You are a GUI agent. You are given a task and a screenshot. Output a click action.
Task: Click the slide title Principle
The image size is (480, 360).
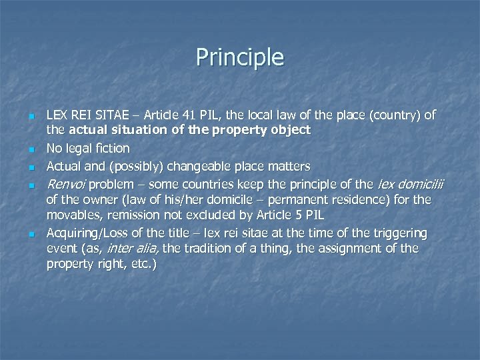tap(240, 57)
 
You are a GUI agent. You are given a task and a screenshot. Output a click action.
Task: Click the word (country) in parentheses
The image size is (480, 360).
tap(398, 115)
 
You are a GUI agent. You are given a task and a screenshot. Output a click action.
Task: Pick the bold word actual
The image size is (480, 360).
tap(85, 130)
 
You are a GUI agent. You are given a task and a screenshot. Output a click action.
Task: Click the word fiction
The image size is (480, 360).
tap(112, 148)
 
